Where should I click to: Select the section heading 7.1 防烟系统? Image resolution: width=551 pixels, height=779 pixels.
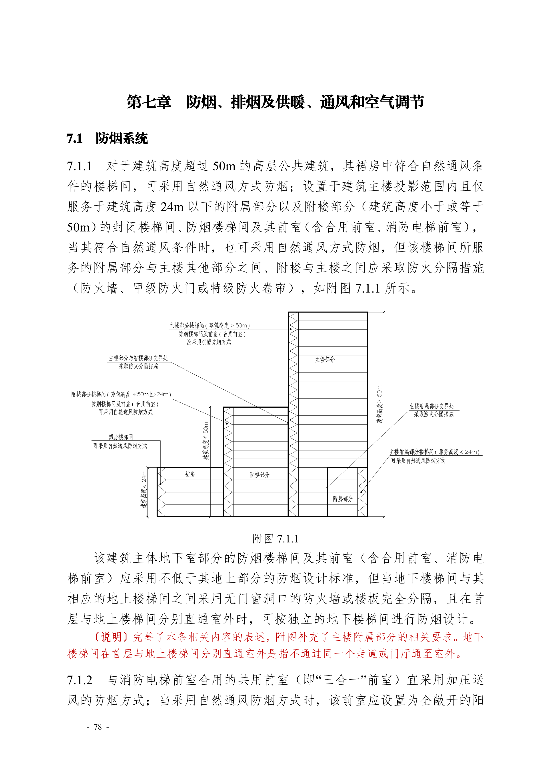pos(107,138)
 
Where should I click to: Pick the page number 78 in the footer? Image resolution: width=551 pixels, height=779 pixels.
pos(98,727)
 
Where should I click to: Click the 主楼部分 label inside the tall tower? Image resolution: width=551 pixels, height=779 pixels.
pos(325,360)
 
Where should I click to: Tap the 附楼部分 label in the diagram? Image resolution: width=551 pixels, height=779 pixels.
pos(259,475)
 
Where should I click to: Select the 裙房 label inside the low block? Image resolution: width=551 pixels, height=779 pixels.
pos(190,474)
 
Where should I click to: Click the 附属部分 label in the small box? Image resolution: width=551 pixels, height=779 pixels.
pos(343,499)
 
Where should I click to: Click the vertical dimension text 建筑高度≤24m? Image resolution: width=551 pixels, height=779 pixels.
pos(144,489)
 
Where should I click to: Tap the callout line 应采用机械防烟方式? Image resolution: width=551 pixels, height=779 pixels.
pos(209,342)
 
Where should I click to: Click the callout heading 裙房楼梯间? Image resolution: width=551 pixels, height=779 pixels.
pos(121,437)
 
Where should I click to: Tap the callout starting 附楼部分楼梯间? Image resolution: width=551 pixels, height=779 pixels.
pos(121,394)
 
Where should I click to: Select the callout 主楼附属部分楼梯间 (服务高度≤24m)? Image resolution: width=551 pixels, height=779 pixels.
pos(435,452)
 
